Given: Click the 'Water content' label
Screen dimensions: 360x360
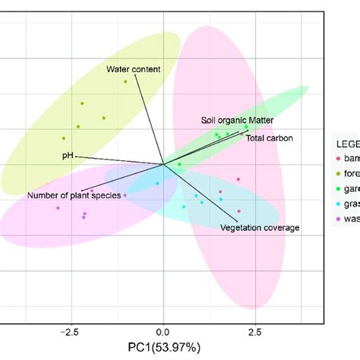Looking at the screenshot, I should point(133,70).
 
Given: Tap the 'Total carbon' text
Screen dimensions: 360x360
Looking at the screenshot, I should point(269,138).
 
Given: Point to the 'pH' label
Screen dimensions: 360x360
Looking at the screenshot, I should point(67,156).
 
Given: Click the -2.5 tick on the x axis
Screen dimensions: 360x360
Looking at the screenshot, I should point(70,332).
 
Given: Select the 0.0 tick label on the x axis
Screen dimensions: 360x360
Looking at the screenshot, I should point(163,332).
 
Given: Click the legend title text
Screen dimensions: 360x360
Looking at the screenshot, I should point(346,142).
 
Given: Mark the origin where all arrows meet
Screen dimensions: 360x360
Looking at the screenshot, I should point(163,163).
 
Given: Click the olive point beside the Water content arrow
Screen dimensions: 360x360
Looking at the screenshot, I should point(125,82).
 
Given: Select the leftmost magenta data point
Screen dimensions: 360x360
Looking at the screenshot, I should point(58,207).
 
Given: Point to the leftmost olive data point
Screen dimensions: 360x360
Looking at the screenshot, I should point(64,138).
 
